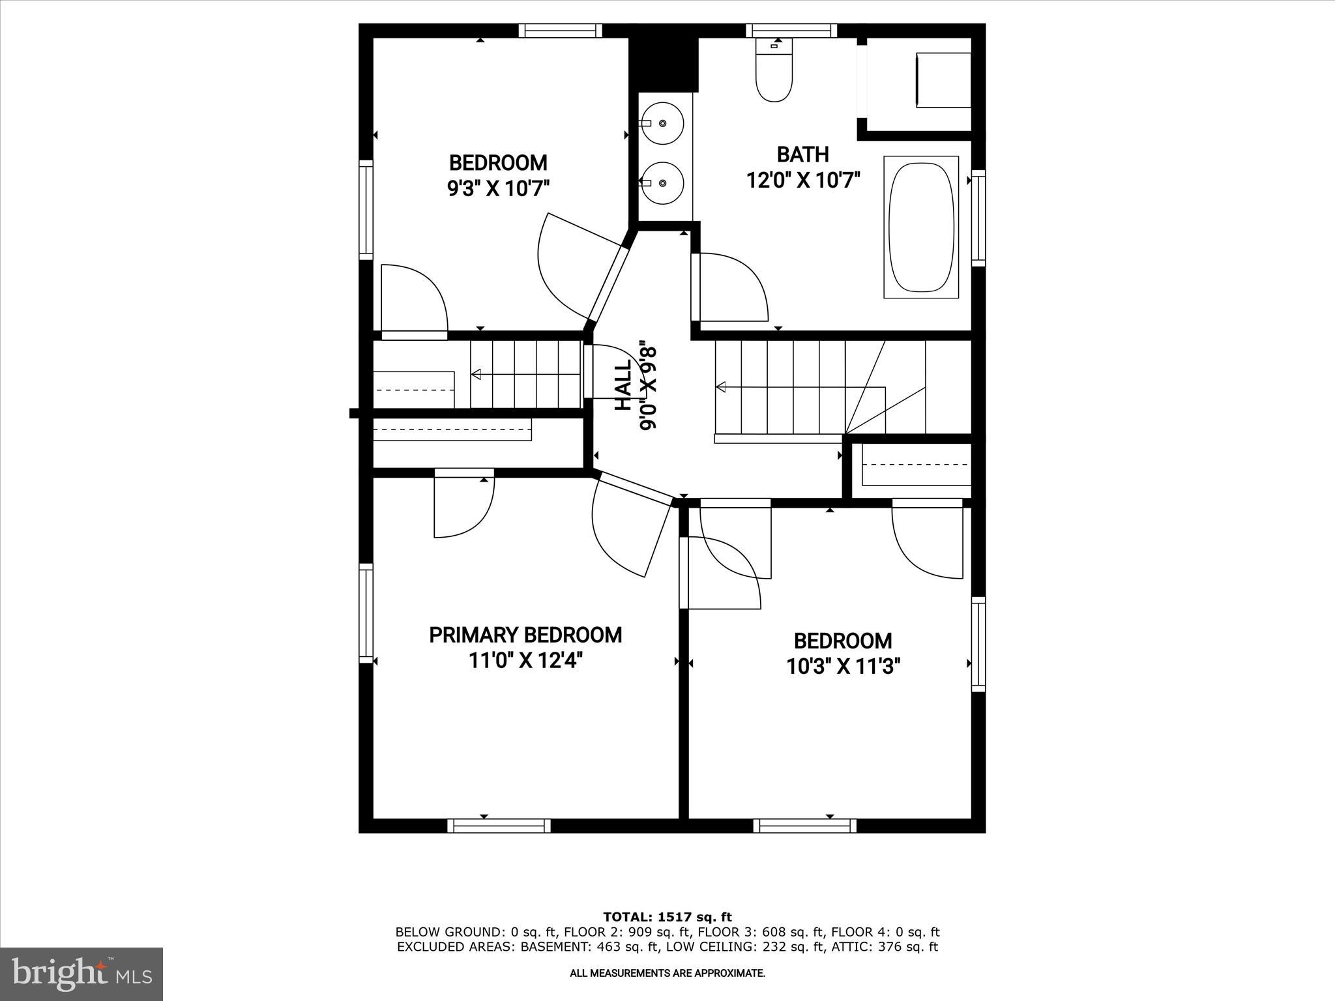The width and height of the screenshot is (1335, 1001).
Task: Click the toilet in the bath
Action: click(x=774, y=72)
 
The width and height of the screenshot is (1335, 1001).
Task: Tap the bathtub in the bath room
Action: click(x=921, y=227)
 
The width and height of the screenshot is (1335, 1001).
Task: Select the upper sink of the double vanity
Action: click(x=662, y=123)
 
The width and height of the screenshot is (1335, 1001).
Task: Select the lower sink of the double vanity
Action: click(x=662, y=182)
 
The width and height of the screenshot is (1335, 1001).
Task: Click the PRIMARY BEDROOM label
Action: click(x=525, y=634)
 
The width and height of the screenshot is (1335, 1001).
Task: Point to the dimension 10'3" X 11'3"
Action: click(x=843, y=667)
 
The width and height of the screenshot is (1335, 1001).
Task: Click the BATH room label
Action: click(x=802, y=154)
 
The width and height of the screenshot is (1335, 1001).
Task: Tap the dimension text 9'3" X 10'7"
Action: click(x=498, y=189)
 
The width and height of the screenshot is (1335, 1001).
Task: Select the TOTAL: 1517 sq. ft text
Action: click(x=667, y=917)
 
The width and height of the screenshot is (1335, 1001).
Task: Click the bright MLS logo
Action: click(x=81, y=974)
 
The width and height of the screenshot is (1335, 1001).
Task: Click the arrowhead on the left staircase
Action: click(x=477, y=374)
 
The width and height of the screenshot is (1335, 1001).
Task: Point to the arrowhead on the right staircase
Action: click(x=721, y=388)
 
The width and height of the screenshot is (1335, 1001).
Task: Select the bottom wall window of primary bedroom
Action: click(x=499, y=826)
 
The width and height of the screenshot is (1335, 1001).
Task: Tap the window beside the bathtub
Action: click(x=978, y=218)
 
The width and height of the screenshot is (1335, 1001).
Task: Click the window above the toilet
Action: click(x=791, y=30)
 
